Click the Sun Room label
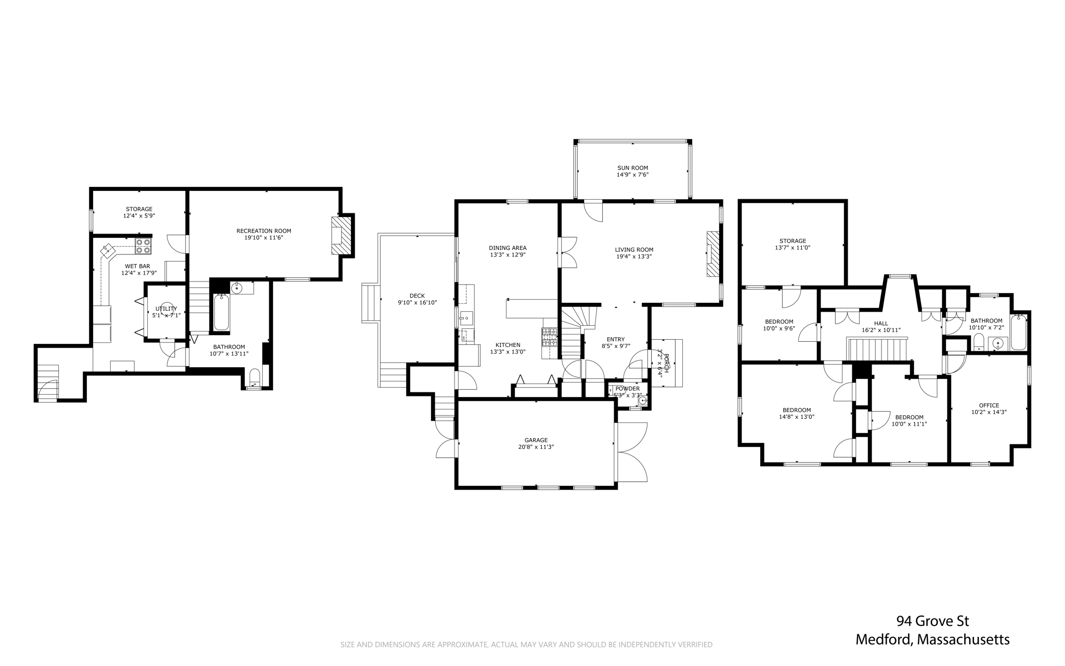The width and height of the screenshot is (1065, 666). (632, 168)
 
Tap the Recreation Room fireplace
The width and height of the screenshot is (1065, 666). (342, 236)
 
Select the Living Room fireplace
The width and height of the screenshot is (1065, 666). (712, 254)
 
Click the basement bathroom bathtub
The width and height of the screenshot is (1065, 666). (221, 312)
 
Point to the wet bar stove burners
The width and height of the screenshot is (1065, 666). (143, 246)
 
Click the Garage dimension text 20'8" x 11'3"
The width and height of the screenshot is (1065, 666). (536, 447)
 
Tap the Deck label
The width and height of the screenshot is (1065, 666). (417, 296)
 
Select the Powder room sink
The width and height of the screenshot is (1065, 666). (643, 400)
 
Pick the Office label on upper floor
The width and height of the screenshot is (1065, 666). (989, 405)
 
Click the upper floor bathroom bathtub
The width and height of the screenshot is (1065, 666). (1019, 332)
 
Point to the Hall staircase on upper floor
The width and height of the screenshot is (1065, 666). (877, 348)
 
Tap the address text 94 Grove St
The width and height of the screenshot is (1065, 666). (932, 621)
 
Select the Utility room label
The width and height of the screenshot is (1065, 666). (166, 309)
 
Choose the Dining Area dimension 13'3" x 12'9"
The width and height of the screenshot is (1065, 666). (508, 255)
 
